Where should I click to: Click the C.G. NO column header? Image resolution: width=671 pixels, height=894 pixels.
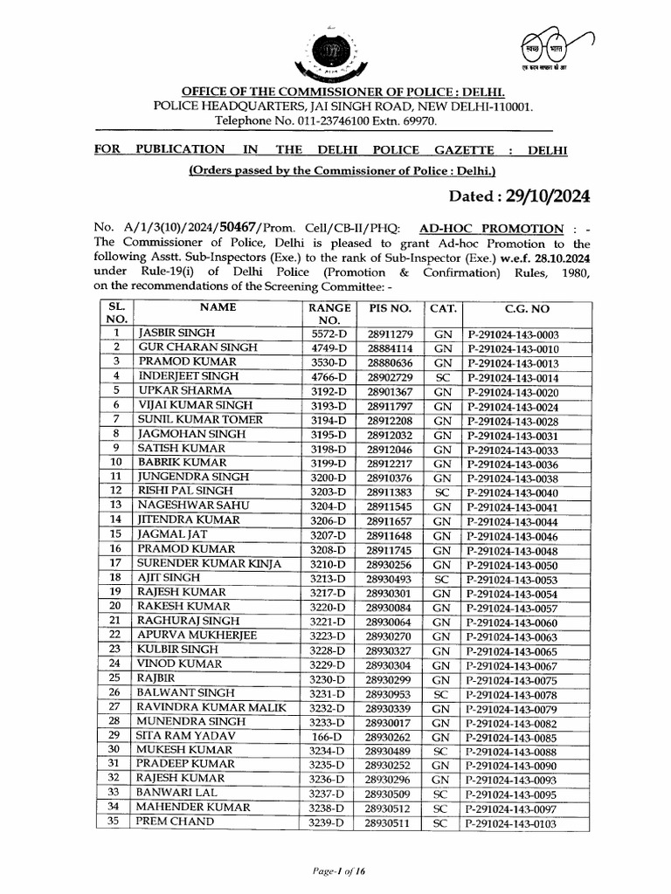click(x=528, y=309)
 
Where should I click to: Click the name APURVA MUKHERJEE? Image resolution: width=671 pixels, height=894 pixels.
click(x=197, y=636)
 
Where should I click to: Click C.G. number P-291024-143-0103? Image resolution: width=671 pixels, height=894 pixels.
click(x=513, y=823)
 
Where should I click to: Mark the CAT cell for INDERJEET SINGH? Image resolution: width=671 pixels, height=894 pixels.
click(x=443, y=377)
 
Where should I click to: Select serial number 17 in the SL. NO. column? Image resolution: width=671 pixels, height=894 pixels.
click(x=114, y=564)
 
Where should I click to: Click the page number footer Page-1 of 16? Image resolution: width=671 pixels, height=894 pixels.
click(x=335, y=871)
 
